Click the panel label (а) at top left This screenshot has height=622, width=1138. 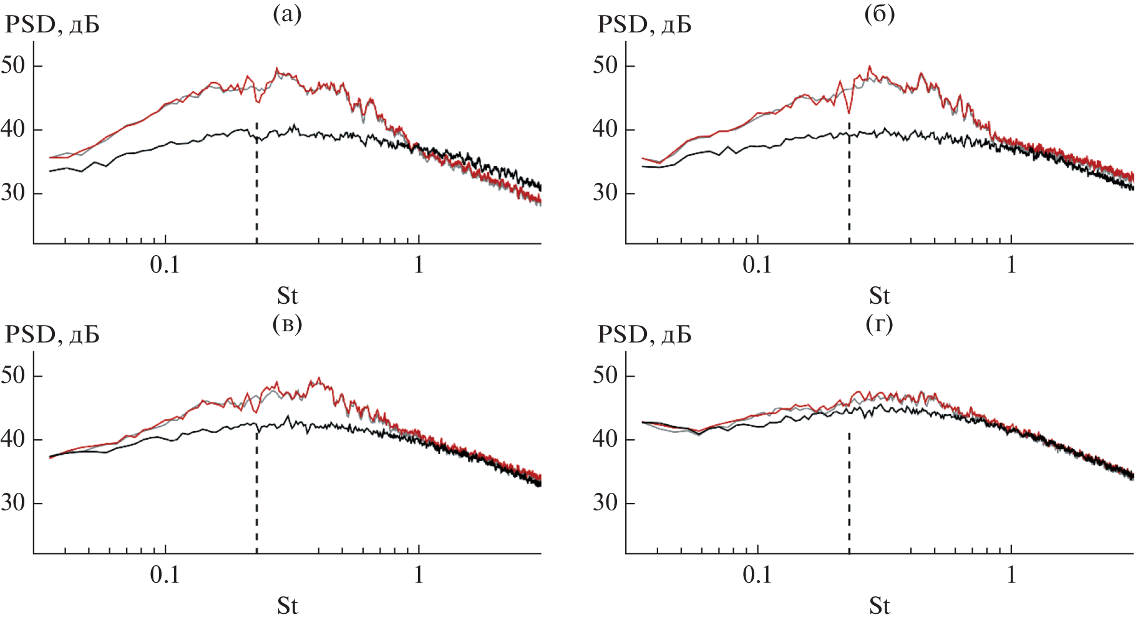pos(287,14)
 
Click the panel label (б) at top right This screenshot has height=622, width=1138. pos(880,14)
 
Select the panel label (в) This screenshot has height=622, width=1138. pos(287,323)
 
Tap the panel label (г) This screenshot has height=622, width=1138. pos(880,323)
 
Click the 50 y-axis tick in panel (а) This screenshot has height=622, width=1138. pos(13,65)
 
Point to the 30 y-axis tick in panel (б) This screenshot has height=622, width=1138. pos(605,192)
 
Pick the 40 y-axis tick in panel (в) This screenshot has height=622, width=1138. pos(13,439)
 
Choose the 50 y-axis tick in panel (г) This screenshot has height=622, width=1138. pos(605,375)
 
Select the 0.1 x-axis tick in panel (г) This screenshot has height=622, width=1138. pos(757,575)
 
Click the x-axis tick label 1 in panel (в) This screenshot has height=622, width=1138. pos(419,575)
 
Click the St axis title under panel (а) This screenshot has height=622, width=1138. pos(287,295)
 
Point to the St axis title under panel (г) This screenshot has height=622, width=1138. pos(880,606)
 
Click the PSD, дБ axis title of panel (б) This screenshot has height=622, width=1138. pos(644,25)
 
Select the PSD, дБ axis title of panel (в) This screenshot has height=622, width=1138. pos(52,335)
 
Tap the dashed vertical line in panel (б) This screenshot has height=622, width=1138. pos(849,187)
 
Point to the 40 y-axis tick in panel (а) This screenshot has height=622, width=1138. pos(13,129)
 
